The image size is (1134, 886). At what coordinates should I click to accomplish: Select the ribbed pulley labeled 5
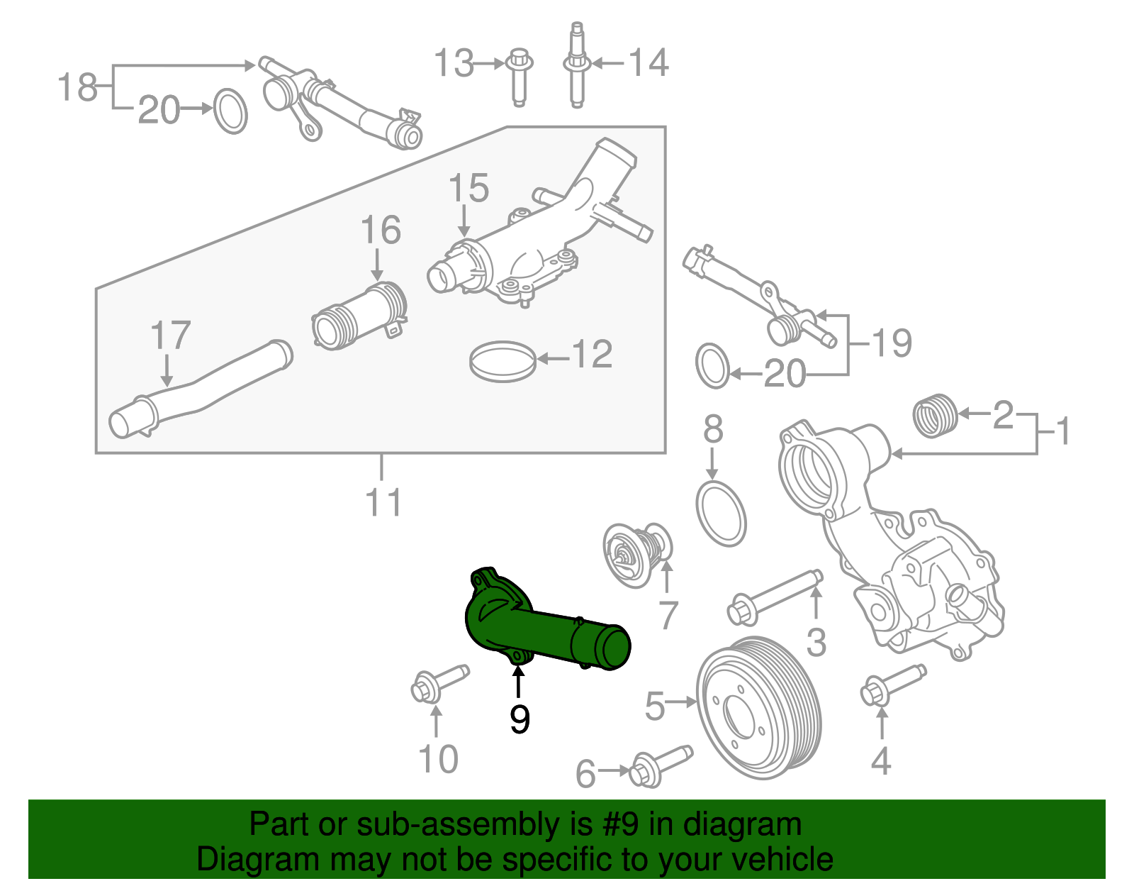(x=758, y=708)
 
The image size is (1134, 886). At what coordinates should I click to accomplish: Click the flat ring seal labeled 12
(x=502, y=360)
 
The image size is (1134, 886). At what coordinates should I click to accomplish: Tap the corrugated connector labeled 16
(x=360, y=317)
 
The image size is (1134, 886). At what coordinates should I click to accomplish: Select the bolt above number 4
(x=890, y=685)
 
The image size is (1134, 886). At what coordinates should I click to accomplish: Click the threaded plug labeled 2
(x=936, y=416)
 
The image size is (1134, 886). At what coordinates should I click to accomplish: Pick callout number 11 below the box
(x=383, y=502)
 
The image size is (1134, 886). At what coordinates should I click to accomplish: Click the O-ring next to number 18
(x=230, y=111)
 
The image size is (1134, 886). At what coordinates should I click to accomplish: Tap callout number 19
(x=891, y=343)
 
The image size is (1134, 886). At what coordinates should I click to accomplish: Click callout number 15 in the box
(x=468, y=188)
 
